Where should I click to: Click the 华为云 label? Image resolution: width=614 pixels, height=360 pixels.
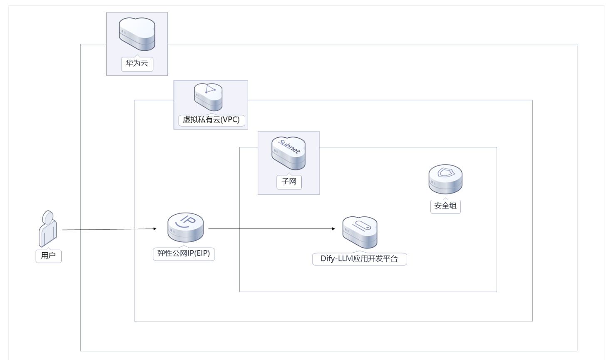point(137,64)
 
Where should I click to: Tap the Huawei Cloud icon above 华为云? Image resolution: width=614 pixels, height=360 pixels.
point(137,34)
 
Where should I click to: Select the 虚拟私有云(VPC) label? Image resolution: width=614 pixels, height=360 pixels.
point(211,120)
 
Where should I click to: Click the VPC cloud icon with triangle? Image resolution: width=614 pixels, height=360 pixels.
point(208,97)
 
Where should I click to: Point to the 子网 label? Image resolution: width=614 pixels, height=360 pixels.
point(289,181)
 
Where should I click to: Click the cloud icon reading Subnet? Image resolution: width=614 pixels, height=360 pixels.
point(288,153)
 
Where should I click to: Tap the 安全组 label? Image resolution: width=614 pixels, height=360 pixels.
point(445,206)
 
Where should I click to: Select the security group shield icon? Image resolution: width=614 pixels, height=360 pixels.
point(445,179)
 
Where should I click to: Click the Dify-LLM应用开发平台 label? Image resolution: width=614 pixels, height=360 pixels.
point(359,258)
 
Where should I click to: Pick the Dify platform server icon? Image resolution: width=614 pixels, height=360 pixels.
point(360,232)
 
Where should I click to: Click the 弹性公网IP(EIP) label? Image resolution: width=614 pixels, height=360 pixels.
point(184,253)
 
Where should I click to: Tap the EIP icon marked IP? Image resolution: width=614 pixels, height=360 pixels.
point(186,227)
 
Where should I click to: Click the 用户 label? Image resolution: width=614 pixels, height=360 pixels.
point(48,256)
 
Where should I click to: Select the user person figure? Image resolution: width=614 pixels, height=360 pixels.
point(48,228)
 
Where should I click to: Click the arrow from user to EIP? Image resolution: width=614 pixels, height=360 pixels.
point(108,229)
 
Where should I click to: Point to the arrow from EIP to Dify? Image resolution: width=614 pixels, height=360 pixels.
point(271,228)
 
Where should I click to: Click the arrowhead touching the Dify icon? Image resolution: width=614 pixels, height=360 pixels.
point(333,228)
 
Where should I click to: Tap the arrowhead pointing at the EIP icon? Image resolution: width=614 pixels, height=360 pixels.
point(155,228)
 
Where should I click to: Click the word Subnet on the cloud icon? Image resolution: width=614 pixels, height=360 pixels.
point(289,147)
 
